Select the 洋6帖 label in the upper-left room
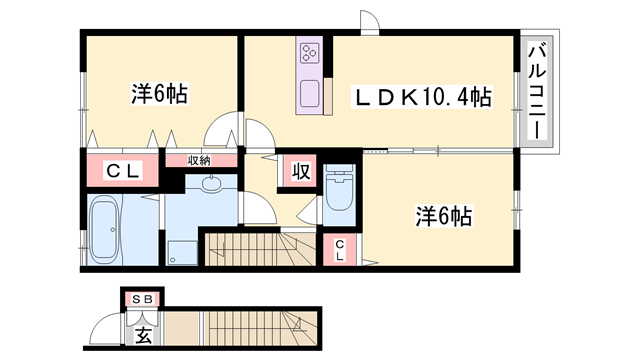(160, 95)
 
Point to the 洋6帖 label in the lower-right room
(444, 215)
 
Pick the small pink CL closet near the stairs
(340, 250)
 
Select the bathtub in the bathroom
(104, 229)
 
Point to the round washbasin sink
(211, 183)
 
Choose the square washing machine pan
(182, 252)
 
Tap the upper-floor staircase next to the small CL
(260, 247)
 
